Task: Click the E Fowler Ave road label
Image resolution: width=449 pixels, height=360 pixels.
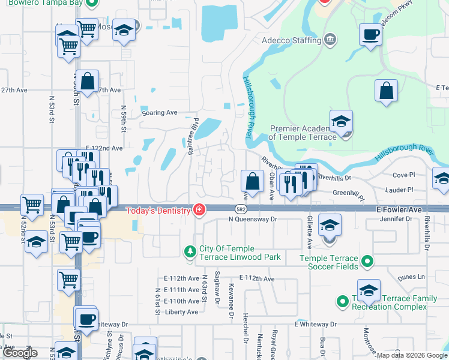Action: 399,210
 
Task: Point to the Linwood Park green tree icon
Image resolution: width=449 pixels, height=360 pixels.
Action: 190,250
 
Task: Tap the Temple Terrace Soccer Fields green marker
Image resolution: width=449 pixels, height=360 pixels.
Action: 369,262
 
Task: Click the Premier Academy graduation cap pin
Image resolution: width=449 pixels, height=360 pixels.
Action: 341,122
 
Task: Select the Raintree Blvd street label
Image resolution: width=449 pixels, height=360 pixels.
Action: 193,136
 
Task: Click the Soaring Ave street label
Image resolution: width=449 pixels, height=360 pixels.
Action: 160,112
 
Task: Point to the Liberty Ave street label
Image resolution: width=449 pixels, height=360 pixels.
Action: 181,312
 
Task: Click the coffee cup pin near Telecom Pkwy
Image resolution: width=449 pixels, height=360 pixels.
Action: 370,34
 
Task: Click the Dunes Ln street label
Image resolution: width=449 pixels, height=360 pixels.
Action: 412,278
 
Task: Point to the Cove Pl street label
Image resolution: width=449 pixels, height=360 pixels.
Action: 403,175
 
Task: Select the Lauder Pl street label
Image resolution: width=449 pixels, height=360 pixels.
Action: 402,190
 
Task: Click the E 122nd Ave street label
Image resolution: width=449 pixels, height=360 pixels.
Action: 104,148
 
